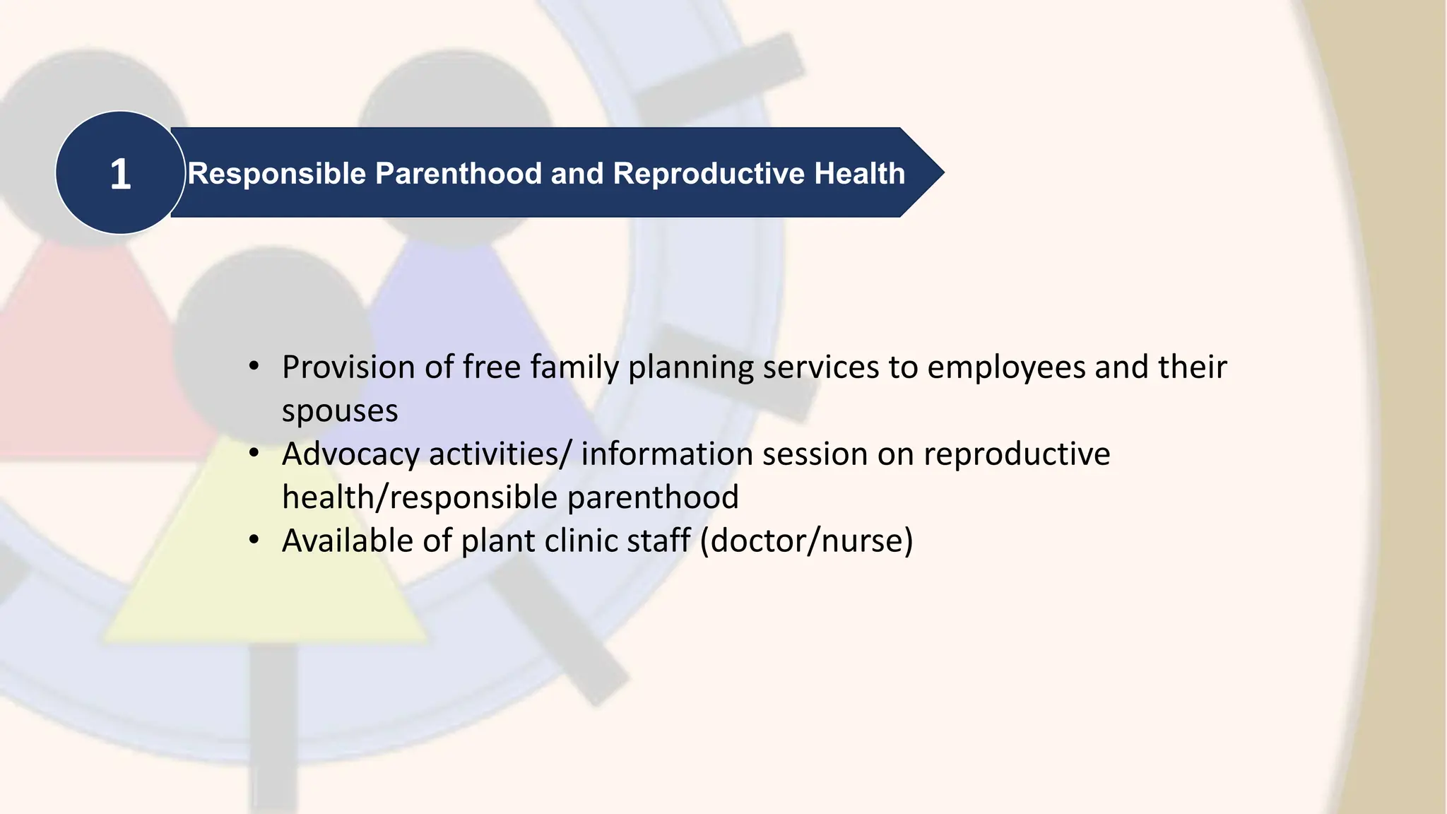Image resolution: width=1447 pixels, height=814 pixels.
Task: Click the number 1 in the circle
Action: click(x=120, y=174)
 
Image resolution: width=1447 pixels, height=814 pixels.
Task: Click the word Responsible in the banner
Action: click(x=276, y=174)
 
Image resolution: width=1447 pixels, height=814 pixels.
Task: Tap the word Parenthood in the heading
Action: click(x=458, y=174)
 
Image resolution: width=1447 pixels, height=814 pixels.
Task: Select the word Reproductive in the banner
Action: click(x=709, y=174)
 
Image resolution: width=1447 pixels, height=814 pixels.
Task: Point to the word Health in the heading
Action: click(x=859, y=174)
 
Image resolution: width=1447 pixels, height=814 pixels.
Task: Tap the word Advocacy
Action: click(x=350, y=454)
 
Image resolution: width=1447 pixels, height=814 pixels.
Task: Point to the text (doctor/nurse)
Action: click(x=806, y=541)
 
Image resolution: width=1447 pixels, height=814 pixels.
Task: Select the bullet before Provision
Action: click(x=254, y=367)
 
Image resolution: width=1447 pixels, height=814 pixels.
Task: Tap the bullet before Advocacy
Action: click(x=254, y=454)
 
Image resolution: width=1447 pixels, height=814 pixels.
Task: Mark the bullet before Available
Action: click(x=254, y=541)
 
